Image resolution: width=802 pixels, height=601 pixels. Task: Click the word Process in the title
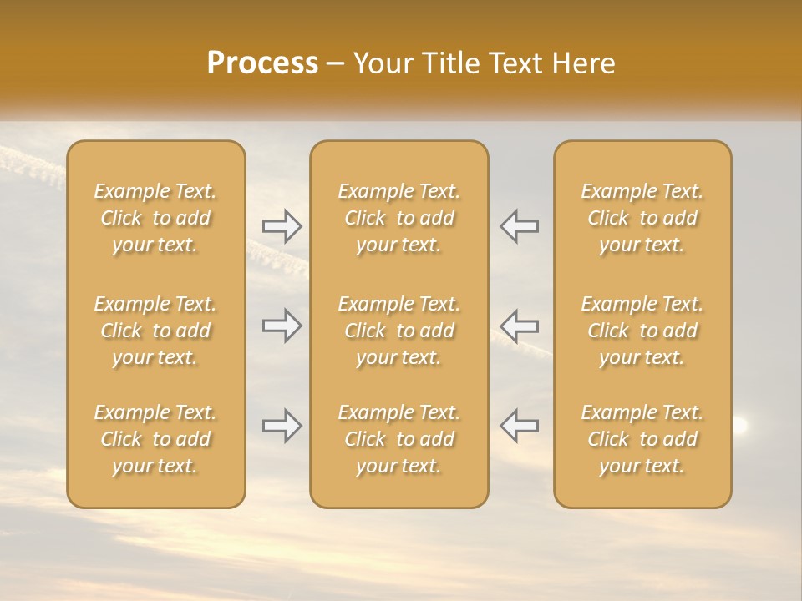pyautogui.click(x=262, y=63)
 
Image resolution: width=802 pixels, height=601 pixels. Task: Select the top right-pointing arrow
pyautogui.click(x=282, y=225)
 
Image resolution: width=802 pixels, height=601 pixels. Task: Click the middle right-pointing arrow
pyautogui.click(x=282, y=326)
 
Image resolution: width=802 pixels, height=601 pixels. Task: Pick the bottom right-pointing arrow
pyautogui.click(x=282, y=426)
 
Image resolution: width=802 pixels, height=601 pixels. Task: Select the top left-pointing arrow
pyautogui.click(x=519, y=225)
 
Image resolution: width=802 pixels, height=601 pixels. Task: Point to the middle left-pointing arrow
pyautogui.click(x=519, y=326)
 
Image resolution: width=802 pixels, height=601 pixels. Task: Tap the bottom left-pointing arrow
pyautogui.click(x=519, y=426)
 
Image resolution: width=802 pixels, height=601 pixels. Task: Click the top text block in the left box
pyautogui.click(x=155, y=218)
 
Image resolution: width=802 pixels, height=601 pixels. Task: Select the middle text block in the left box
pyautogui.click(x=155, y=331)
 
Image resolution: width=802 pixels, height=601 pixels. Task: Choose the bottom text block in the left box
pyautogui.click(x=155, y=439)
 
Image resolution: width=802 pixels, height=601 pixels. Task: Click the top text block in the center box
pyautogui.click(x=399, y=218)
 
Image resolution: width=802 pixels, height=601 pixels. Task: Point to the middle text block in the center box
pyautogui.click(x=399, y=331)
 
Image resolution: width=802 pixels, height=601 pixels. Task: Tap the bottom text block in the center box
pyautogui.click(x=399, y=439)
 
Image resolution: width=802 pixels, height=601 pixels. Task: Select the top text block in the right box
pyautogui.click(x=642, y=218)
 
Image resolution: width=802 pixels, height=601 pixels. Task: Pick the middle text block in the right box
pyautogui.click(x=642, y=331)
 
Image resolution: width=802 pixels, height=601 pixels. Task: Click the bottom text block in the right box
pyautogui.click(x=642, y=439)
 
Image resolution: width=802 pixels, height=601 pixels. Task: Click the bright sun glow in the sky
pyautogui.click(x=740, y=425)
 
